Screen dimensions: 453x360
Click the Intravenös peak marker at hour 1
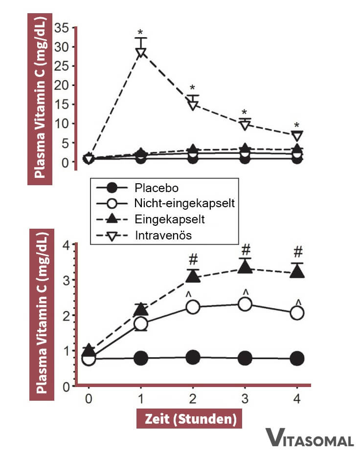click(x=141, y=52)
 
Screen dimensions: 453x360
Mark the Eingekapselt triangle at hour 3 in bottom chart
click(x=246, y=267)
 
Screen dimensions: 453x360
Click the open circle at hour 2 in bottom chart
click(x=193, y=307)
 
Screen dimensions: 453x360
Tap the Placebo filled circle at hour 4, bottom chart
click(x=297, y=359)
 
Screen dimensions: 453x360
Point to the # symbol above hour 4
click(x=298, y=252)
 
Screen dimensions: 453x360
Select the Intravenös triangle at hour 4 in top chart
click(x=297, y=135)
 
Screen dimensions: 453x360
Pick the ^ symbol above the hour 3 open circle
click(x=246, y=292)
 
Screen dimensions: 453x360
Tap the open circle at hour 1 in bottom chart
click(x=141, y=324)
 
